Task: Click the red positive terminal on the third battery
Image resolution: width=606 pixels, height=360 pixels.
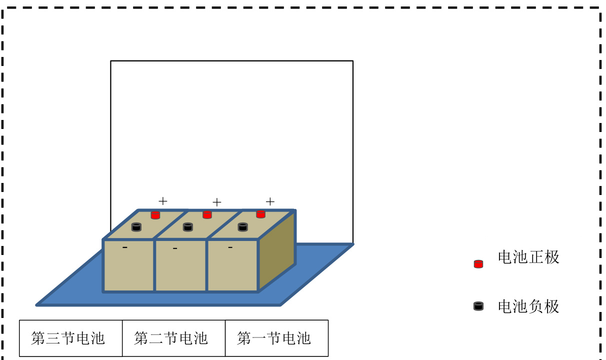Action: point(155,215)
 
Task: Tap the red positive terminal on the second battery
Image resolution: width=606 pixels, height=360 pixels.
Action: point(207,215)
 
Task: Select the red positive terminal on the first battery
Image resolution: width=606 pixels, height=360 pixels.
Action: point(260,214)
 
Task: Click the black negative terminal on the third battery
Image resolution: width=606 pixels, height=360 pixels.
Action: point(136,227)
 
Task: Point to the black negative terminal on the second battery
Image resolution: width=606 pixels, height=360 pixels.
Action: point(188,227)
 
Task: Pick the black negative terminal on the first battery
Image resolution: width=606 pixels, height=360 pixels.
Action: point(242,227)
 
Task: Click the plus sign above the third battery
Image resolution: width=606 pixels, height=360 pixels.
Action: point(163,201)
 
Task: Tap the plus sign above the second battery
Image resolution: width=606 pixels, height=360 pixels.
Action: point(216,202)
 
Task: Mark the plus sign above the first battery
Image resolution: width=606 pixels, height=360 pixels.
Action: point(270,201)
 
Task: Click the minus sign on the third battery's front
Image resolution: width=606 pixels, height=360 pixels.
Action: point(125,247)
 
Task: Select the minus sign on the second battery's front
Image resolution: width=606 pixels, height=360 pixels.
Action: point(175,248)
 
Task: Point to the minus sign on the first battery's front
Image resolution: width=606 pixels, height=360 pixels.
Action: point(230,247)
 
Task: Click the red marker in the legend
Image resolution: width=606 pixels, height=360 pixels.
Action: point(478,264)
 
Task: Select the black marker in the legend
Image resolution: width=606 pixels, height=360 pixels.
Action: point(478,306)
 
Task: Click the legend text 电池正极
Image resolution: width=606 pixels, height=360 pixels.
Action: point(528,257)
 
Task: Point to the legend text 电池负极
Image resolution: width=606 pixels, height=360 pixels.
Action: point(528,306)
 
